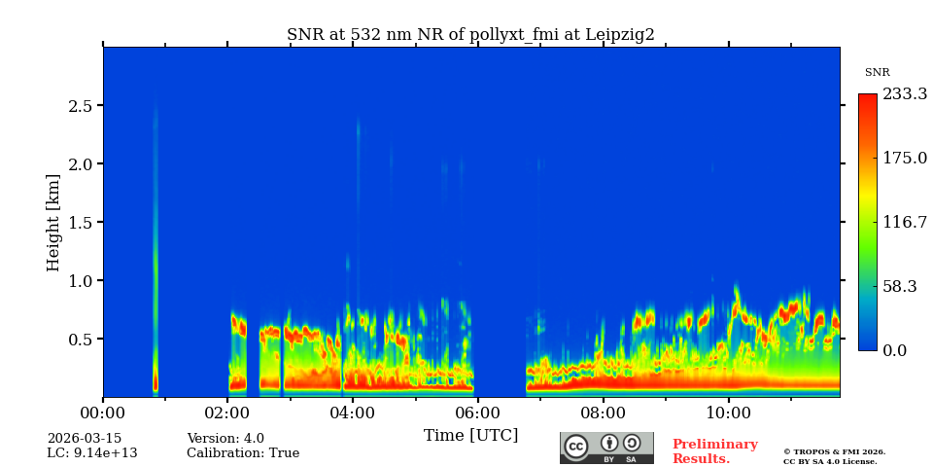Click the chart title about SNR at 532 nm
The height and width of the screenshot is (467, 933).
click(470, 35)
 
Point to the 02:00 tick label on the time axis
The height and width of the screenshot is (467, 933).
click(227, 413)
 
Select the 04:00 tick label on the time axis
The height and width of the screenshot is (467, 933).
click(352, 413)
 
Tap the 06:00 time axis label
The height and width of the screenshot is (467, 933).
click(477, 413)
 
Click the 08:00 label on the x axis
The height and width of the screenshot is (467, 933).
click(603, 413)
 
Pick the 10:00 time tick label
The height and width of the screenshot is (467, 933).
click(727, 413)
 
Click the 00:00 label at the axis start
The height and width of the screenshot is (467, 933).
click(103, 413)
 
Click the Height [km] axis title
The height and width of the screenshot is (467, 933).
click(53, 222)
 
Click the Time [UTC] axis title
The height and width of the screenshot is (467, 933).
click(470, 435)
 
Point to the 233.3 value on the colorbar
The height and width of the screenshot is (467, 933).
click(905, 94)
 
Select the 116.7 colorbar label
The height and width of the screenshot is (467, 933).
click(905, 223)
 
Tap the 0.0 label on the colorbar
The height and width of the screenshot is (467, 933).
click(895, 350)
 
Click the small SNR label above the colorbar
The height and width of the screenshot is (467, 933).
click(877, 73)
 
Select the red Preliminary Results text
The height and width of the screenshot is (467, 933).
click(714, 451)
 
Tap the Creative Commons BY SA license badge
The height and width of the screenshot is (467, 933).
click(606, 448)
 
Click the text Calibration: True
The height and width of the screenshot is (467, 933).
click(243, 453)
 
